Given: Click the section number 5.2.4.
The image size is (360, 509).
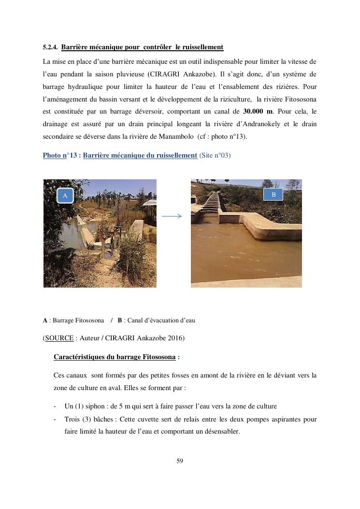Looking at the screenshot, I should [50, 47].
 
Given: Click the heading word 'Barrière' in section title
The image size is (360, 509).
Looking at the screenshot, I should [75, 47].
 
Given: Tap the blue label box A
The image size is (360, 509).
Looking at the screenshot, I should [65, 195].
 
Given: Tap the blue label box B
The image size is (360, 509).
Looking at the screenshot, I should [274, 194].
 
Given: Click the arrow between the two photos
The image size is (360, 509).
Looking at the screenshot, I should [172, 217].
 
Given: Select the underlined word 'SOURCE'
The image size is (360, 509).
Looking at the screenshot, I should [59, 338].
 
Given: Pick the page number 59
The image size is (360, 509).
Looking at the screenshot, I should [180, 461].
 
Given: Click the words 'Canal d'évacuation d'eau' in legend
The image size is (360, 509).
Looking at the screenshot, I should [160, 320].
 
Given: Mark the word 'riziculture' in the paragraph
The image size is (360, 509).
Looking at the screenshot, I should [236, 99].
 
